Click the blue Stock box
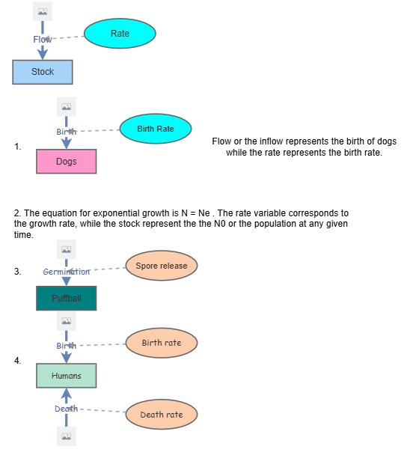coord(43,72)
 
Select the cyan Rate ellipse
coord(120,34)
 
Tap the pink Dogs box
coord(67,162)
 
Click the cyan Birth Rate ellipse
coord(156,129)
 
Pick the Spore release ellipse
coord(162,265)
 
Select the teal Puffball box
coord(67,299)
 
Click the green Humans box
coord(67,376)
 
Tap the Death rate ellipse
coord(162,415)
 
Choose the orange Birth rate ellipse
coord(162,343)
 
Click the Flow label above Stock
coord(43,39)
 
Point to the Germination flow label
coord(67,272)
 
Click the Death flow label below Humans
coord(66,409)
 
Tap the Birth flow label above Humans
coord(67,346)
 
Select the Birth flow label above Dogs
coord(67,132)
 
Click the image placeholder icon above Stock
coord(43,11)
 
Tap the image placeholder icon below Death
coord(66,436)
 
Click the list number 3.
coord(17,272)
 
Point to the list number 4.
coord(17,361)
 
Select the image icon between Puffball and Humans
coord(67,321)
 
